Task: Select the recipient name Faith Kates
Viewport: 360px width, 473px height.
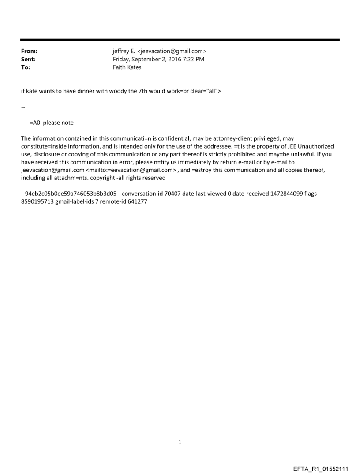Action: click(x=127, y=67)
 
